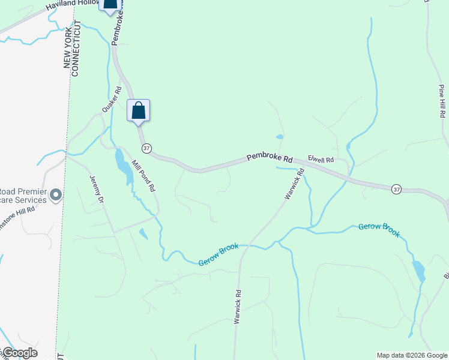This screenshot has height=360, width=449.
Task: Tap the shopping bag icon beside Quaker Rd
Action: [139, 111]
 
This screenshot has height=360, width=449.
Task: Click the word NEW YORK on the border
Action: [67, 49]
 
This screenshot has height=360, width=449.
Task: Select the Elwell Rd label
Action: [321, 159]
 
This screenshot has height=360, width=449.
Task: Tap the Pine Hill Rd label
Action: [442, 101]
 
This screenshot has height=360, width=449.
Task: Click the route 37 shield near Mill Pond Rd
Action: [146, 148]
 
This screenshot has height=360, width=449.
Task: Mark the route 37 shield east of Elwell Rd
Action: [396, 189]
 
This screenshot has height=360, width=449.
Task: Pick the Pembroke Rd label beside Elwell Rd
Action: [270, 158]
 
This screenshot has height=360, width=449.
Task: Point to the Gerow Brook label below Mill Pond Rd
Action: [219, 254]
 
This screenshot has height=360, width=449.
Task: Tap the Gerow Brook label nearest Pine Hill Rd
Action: [379, 229]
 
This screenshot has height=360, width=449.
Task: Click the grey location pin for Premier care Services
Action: [56, 194]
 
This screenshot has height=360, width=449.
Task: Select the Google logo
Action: [19, 353]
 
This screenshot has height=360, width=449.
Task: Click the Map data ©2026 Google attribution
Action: [412, 355]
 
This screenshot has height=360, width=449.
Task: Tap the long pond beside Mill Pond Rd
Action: [124, 166]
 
